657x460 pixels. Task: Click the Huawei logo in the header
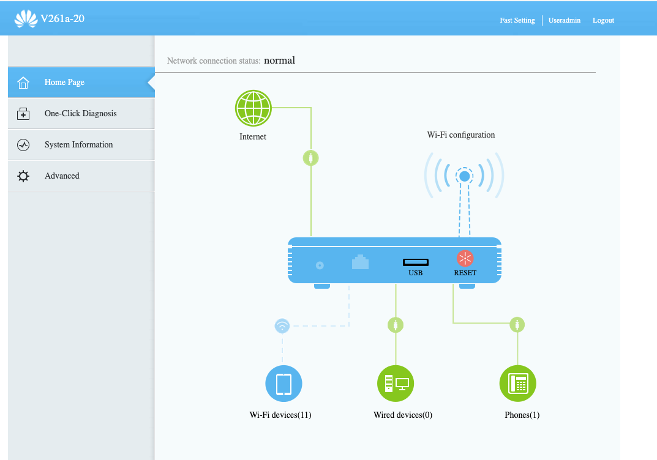pyautogui.click(x=26, y=19)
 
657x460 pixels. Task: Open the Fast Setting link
pyautogui.click(x=517, y=20)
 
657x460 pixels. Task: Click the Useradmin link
pyautogui.click(x=565, y=20)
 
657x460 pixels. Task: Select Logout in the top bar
pyautogui.click(x=603, y=20)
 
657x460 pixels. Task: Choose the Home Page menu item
pyautogui.click(x=81, y=83)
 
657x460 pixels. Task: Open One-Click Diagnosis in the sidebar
pyautogui.click(x=81, y=113)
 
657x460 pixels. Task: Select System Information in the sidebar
pyautogui.click(x=81, y=145)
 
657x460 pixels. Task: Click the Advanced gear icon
pyautogui.click(x=23, y=176)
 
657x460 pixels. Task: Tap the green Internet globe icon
pyautogui.click(x=253, y=108)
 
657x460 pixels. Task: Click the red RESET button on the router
pyautogui.click(x=465, y=258)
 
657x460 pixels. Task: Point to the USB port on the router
pyautogui.click(x=416, y=262)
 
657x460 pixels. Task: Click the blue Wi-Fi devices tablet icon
pyautogui.click(x=283, y=384)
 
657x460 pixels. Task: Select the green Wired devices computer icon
pyautogui.click(x=396, y=384)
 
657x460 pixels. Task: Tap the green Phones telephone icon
pyautogui.click(x=518, y=384)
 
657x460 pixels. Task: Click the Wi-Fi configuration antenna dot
pyautogui.click(x=464, y=176)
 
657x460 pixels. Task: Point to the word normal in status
pyautogui.click(x=279, y=61)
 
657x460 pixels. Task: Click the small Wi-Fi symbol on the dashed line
pyautogui.click(x=282, y=325)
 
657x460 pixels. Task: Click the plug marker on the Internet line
pyautogui.click(x=311, y=158)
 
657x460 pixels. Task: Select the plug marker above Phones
pyautogui.click(x=517, y=324)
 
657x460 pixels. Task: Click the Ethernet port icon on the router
pyautogui.click(x=361, y=262)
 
